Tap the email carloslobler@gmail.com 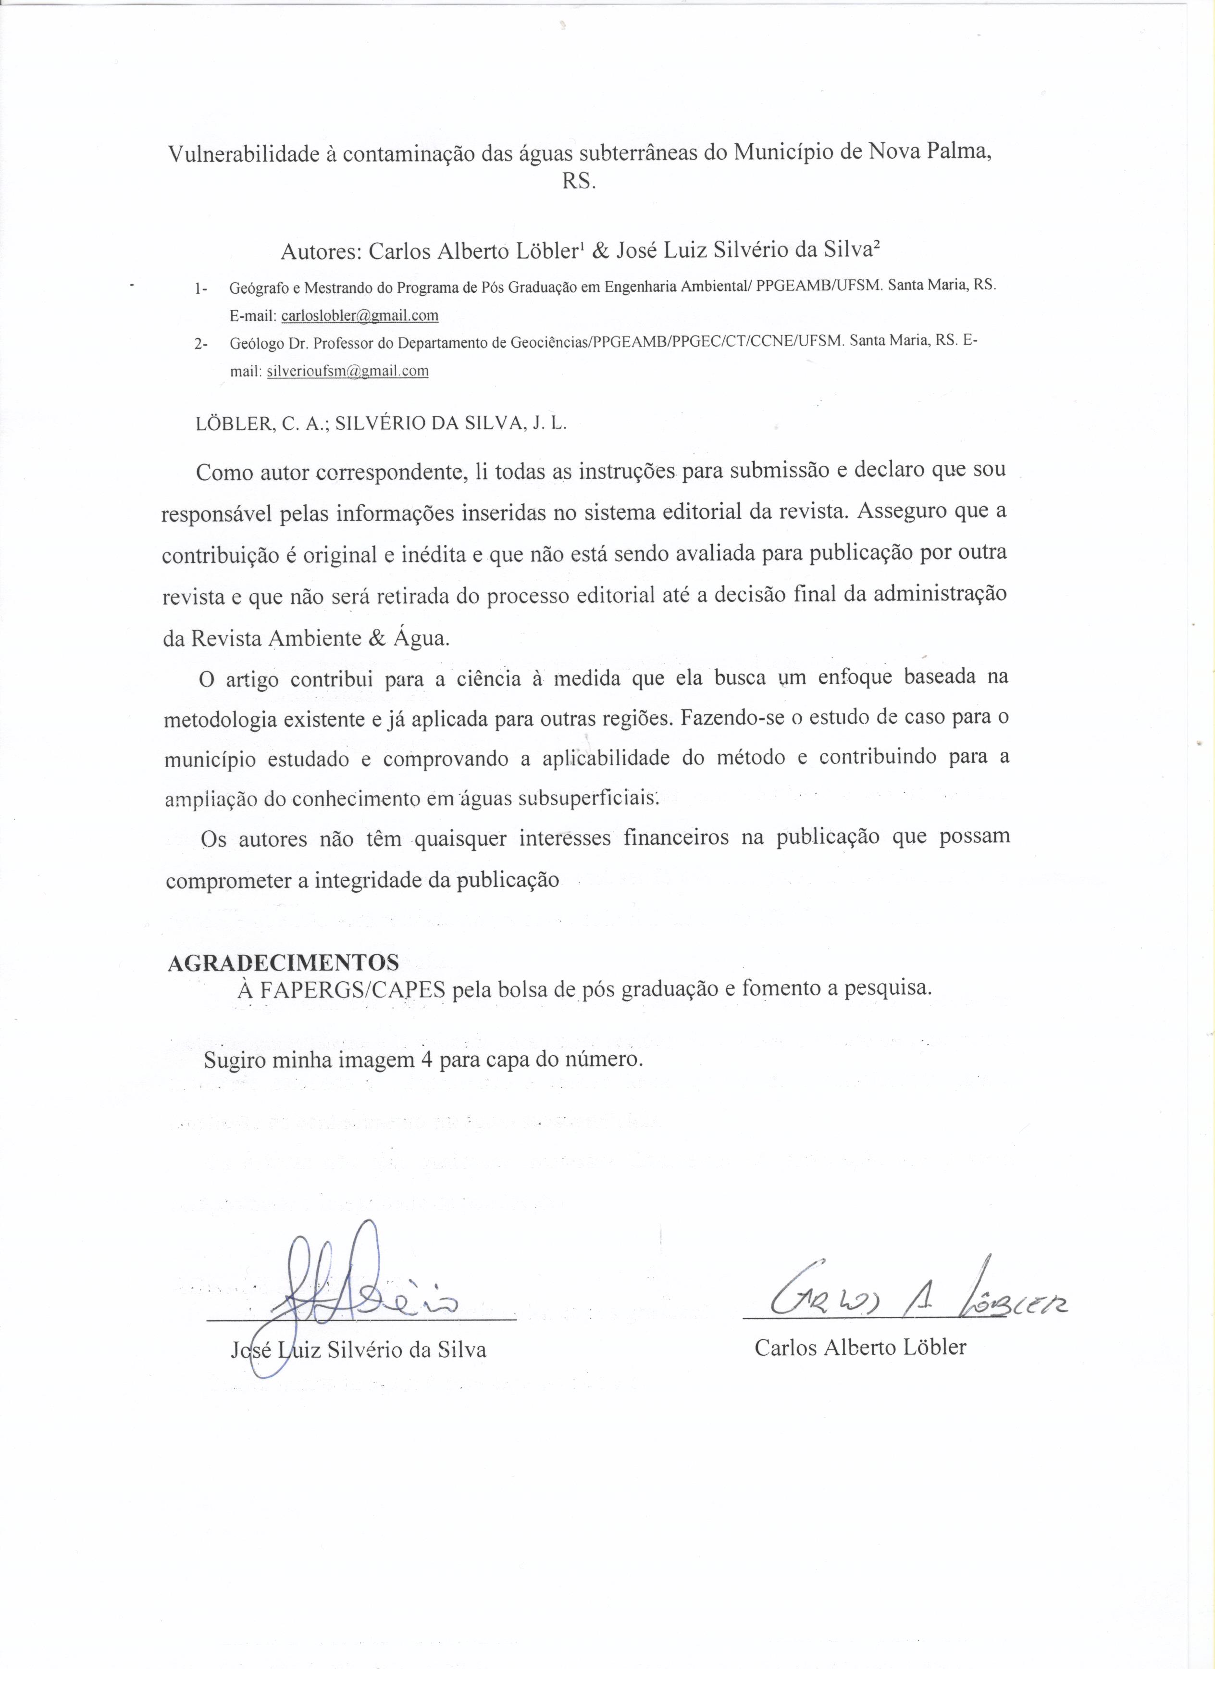click(360, 315)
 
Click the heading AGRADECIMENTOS click(283, 962)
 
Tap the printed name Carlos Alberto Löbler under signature click(860, 1347)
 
